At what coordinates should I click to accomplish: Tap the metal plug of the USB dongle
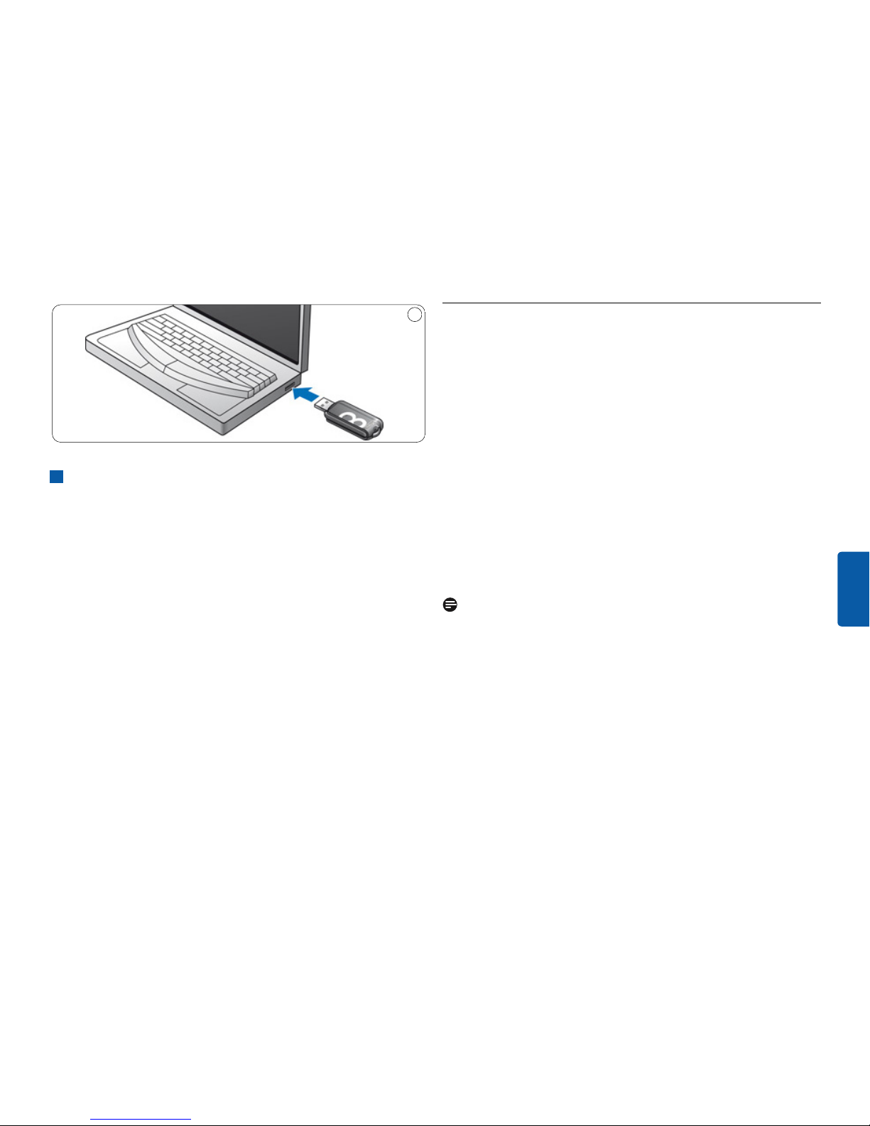(326, 404)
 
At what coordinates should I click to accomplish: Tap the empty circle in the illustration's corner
(415, 315)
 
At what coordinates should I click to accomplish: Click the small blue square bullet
(57, 477)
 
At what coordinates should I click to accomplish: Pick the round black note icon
(450, 605)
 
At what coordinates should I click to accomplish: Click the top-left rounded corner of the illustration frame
(56, 309)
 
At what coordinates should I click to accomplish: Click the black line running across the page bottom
(435, 1125)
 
